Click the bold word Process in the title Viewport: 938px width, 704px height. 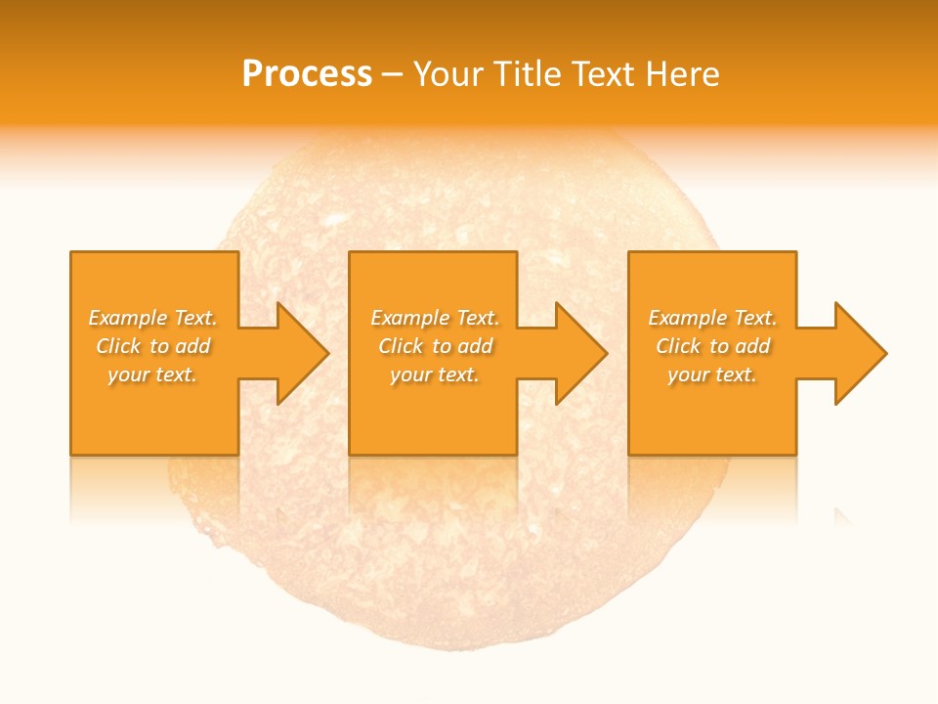click(x=306, y=74)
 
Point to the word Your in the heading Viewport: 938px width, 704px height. click(x=448, y=74)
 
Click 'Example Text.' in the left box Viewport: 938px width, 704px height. click(x=153, y=318)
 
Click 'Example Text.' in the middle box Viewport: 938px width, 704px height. click(x=435, y=318)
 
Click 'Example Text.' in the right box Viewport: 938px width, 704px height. click(x=712, y=318)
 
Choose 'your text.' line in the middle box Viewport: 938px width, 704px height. click(x=434, y=374)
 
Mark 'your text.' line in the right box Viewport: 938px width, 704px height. click(x=711, y=374)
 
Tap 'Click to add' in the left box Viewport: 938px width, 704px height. click(x=153, y=346)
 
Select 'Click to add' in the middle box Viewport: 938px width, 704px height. click(x=436, y=346)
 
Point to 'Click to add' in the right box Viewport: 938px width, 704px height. click(x=713, y=346)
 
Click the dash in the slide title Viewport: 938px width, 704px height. click(x=393, y=74)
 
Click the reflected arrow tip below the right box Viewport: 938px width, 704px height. click(x=844, y=515)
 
